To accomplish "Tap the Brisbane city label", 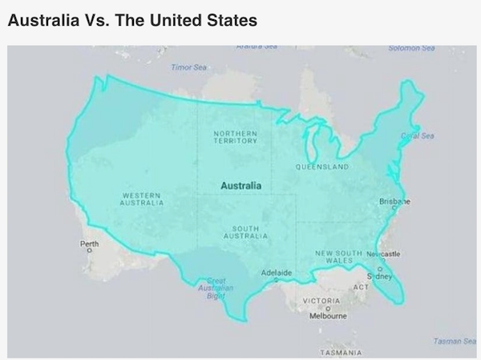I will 394,202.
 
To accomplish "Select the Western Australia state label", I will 143,199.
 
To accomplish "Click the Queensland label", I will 321,168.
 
